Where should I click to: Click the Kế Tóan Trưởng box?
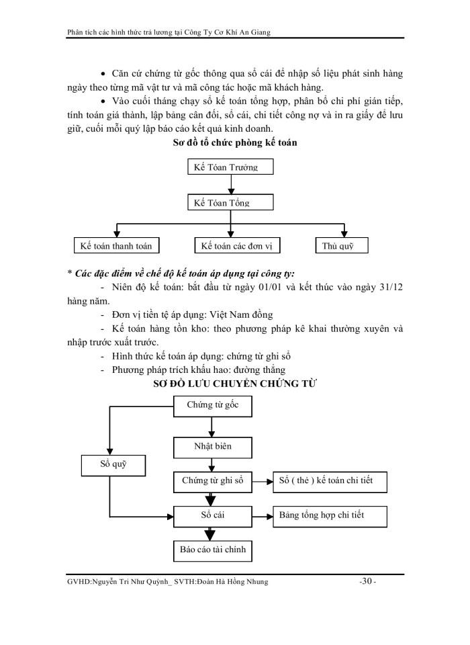tap(230, 167)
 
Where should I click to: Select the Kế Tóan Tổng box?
tap(230, 202)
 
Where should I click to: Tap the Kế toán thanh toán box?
tap(116, 246)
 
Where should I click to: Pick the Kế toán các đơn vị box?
tap(237, 246)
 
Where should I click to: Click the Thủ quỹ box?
tap(342, 246)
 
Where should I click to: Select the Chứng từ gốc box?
tap(212, 405)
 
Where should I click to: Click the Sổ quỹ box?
tap(115, 464)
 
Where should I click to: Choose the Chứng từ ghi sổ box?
tap(212, 481)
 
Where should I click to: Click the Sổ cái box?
tap(212, 516)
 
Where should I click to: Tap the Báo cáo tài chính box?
tap(212, 550)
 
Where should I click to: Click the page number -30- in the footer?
tap(367, 583)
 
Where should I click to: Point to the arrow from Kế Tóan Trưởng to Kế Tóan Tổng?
tap(230, 184)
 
